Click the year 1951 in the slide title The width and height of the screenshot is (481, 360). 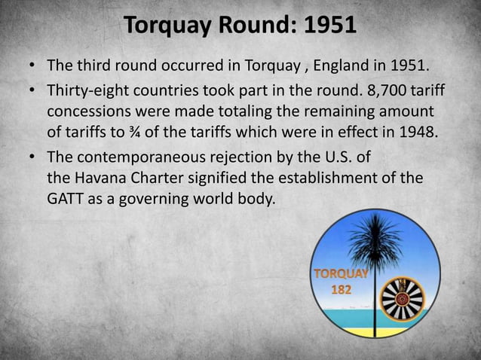click(x=329, y=26)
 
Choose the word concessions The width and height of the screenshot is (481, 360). click(x=88, y=111)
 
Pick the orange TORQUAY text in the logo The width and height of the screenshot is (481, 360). click(x=341, y=273)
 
